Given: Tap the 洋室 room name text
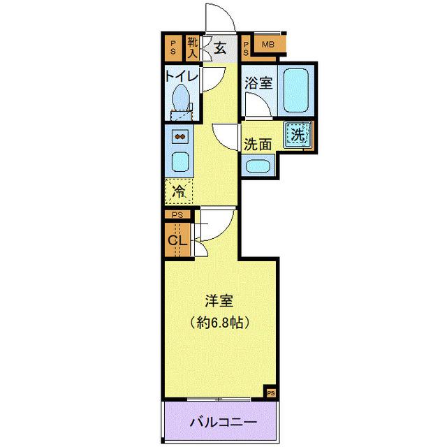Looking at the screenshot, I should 219,302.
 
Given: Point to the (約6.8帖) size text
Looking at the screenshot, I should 219,323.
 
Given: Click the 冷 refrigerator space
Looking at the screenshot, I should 179,189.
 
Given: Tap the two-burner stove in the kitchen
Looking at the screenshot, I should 179,136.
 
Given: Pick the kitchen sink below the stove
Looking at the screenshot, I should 179,161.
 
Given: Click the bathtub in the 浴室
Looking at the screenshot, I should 296,90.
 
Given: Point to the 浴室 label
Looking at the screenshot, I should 258,82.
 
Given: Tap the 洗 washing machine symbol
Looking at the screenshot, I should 298,135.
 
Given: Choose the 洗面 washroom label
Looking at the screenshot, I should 257,145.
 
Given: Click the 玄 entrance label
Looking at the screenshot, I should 220,48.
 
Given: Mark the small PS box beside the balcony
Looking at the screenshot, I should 270,393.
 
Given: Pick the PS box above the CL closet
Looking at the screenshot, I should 177,215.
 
